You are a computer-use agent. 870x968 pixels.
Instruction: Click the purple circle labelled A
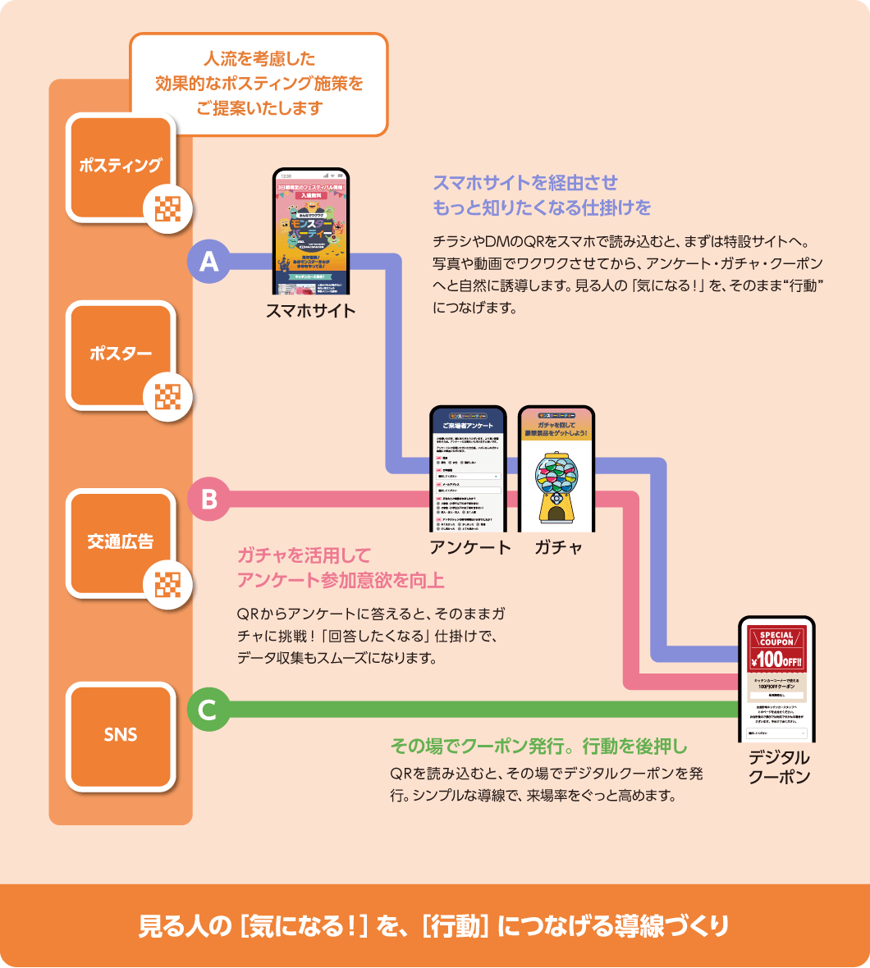[208, 262]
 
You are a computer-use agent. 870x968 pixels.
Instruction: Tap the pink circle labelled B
[208, 499]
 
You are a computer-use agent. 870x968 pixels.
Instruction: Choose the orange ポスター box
[121, 354]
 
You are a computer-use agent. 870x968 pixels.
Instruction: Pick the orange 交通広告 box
[121, 542]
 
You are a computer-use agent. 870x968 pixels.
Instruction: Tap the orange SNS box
[121, 735]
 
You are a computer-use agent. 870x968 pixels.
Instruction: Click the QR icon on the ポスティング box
[167, 210]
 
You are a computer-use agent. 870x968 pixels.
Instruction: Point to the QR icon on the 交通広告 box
[167, 585]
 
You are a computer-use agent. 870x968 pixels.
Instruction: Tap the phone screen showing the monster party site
[311, 232]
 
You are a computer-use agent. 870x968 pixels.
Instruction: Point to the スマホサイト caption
[310, 311]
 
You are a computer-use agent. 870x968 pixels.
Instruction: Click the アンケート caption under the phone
[469, 547]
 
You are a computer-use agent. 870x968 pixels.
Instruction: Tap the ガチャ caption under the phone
[558, 547]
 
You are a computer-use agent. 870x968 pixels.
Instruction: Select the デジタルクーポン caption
[778, 767]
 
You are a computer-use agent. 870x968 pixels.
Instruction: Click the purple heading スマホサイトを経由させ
[525, 182]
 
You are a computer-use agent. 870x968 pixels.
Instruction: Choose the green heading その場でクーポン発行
[538, 747]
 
